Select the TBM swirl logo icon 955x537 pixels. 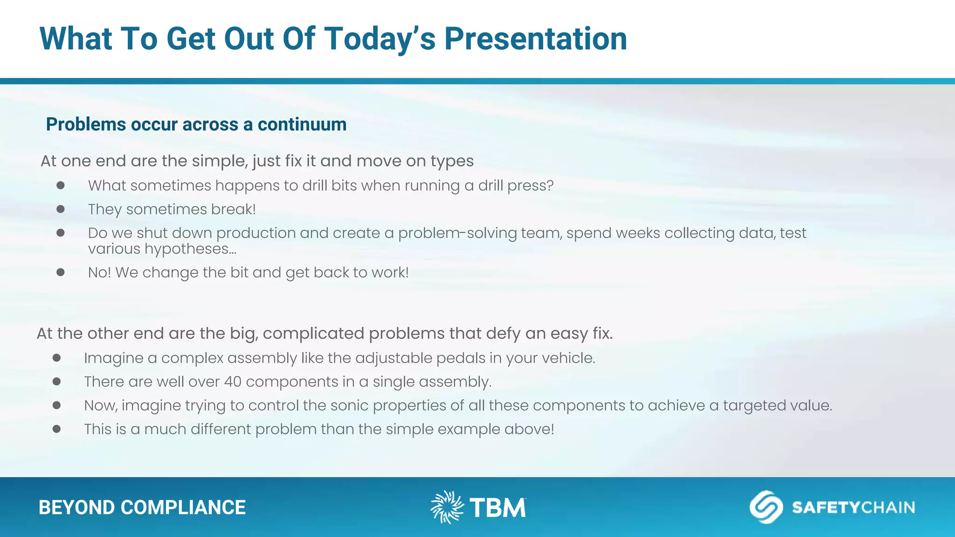click(447, 507)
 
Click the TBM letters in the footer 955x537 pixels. click(498, 508)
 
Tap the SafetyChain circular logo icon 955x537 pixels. click(766, 507)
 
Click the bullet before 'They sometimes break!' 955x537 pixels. click(61, 209)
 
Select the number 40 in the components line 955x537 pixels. click(233, 382)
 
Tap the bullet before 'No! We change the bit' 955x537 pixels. click(61, 272)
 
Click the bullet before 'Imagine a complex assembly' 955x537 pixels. click(57, 358)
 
